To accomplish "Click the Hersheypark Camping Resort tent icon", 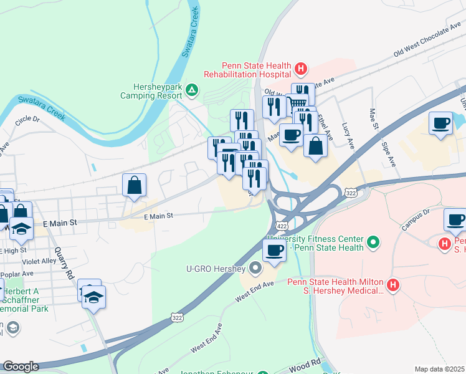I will point(193,92).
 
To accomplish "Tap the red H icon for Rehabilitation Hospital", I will point(301,67).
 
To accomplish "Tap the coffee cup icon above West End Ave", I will point(273,251).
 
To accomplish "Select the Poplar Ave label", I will point(19,274).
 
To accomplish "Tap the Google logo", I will point(21,367).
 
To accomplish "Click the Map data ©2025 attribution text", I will point(440,369).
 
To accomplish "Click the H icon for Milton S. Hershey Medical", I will point(392,286).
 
